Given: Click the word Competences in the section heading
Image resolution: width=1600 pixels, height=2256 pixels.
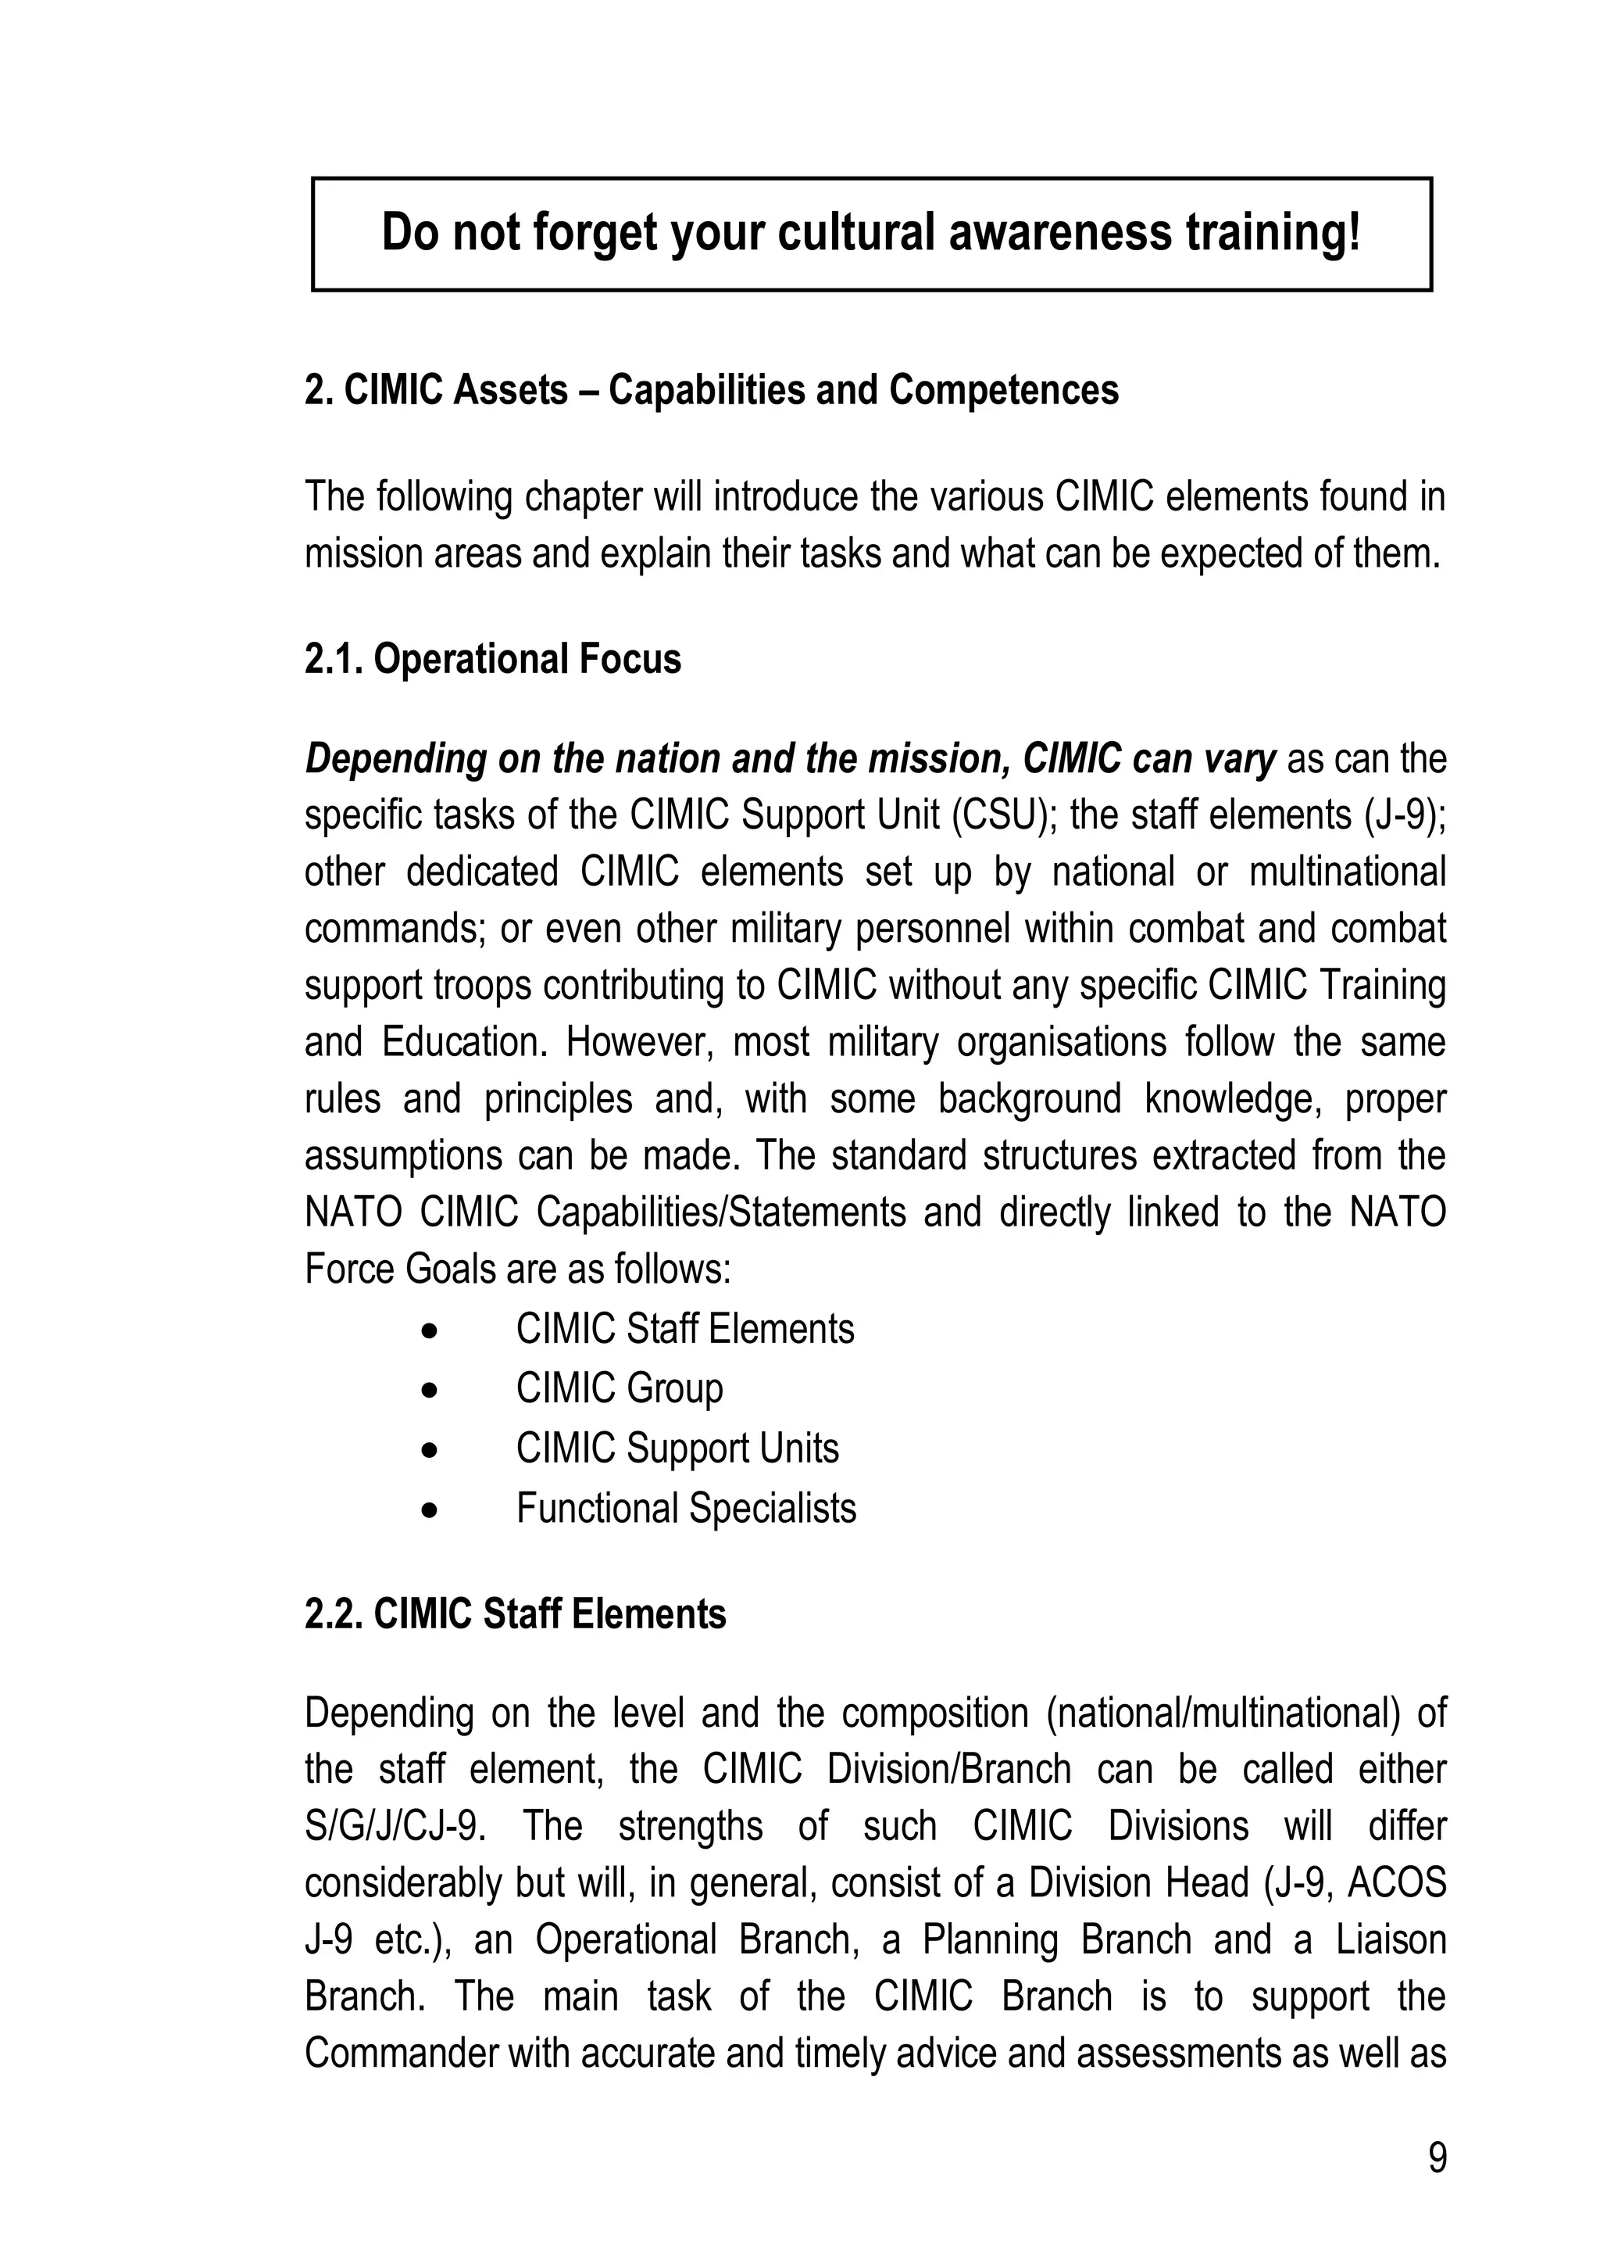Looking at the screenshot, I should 1003,390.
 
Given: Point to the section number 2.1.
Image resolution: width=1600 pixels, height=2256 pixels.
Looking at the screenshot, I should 333,659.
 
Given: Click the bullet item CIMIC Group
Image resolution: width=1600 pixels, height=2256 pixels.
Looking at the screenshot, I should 619,1388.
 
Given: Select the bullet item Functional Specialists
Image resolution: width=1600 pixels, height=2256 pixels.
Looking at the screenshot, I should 686,1508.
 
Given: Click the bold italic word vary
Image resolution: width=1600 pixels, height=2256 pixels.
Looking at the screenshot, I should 1241,759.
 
